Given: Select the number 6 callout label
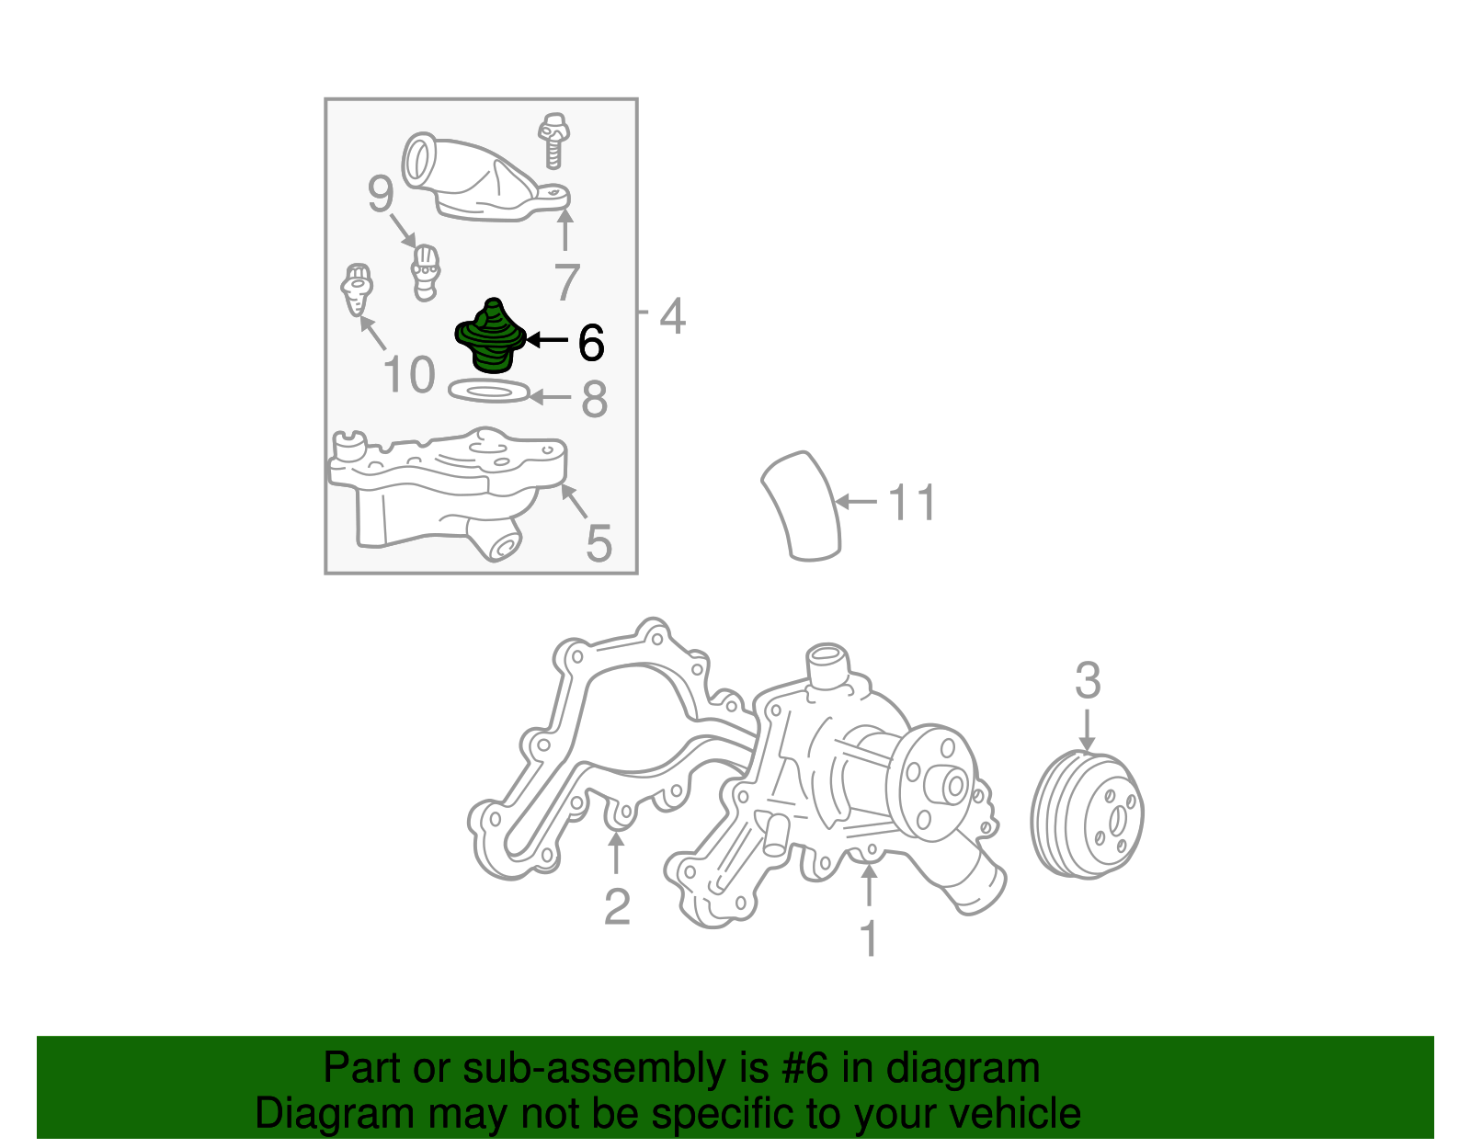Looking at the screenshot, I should [590, 343].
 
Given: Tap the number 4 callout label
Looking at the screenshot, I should [673, 316].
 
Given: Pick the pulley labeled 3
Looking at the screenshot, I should [1089, 815].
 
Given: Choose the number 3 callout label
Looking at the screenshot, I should [1088, 681].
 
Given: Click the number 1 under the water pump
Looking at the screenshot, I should [869, 938].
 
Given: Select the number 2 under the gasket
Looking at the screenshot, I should [617, 907].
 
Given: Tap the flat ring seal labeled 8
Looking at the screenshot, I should [490, 392].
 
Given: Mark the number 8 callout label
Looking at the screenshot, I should [595, 400].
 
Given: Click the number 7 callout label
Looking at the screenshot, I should [567, 282].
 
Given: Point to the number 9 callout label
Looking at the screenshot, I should [381, 195].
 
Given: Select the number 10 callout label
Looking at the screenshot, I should [408, 375].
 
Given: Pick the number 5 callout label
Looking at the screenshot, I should [599, 543].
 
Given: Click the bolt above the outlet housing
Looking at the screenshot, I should [553, 141].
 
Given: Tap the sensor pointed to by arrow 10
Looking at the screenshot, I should [357, 289].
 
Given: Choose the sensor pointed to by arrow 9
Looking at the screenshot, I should [424, 272].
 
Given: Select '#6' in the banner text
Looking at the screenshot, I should [804, 1068].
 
